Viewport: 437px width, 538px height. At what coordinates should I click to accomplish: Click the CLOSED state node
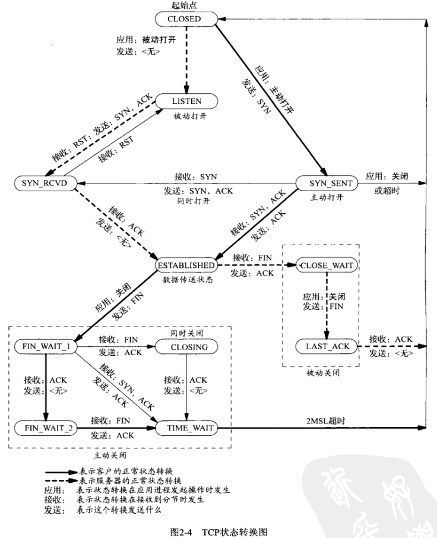point(184,19)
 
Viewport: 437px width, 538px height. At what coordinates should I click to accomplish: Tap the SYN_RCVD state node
point(43,183)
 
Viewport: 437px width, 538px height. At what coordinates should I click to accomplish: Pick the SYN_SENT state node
point(328,183)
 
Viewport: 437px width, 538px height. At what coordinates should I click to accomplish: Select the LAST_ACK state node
point(327,346)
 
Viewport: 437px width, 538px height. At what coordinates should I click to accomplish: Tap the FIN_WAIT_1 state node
point(43,346)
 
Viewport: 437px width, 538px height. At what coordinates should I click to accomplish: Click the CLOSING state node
point(185,346)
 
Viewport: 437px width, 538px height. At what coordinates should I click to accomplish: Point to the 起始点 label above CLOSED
point(185,5)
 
